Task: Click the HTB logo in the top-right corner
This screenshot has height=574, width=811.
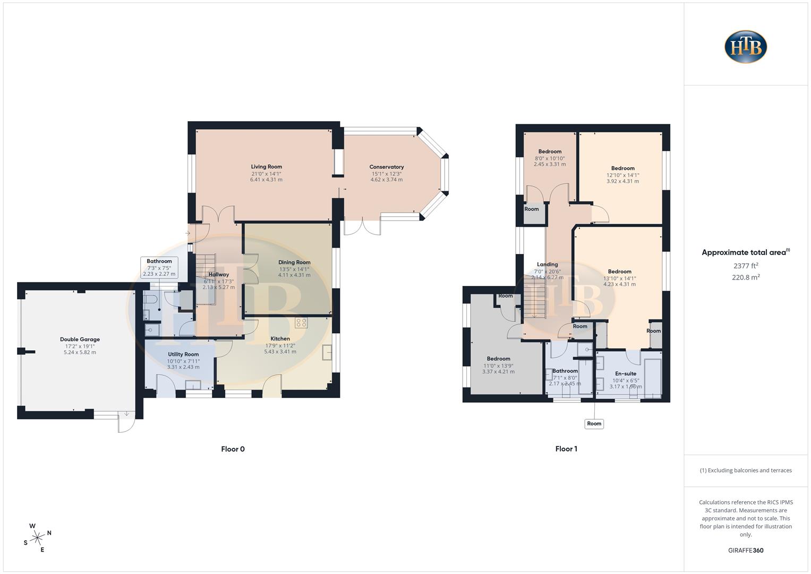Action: point(746,47)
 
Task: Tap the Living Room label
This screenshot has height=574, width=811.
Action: point(267,167)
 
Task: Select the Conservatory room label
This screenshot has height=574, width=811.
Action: point(386,167)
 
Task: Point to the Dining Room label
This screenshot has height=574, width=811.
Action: point(294,263)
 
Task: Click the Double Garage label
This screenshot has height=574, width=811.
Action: point(80,339)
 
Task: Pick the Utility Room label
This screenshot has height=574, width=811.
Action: point(183,354)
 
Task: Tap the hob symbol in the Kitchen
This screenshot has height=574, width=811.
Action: point(301,323)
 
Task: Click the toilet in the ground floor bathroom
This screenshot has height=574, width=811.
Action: point(150,299)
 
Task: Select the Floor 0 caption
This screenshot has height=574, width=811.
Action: point(233,449)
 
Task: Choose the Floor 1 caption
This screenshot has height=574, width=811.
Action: point(566,449)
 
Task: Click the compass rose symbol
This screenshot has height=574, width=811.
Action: point(37,538)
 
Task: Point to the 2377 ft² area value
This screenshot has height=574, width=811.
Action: point(746,266)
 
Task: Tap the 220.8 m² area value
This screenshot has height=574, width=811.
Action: point(746,277)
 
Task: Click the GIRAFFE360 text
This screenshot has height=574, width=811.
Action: point(746,550)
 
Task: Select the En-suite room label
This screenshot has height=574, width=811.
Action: point(626,374)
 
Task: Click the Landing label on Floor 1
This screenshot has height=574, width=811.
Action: point(547,265)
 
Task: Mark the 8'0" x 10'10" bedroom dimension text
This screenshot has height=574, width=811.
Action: point(550,158)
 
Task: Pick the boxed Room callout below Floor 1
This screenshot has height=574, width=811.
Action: point(594,424)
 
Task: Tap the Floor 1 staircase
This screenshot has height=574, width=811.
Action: point(535,297)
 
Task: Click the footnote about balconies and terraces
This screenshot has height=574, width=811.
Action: point(746,470)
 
